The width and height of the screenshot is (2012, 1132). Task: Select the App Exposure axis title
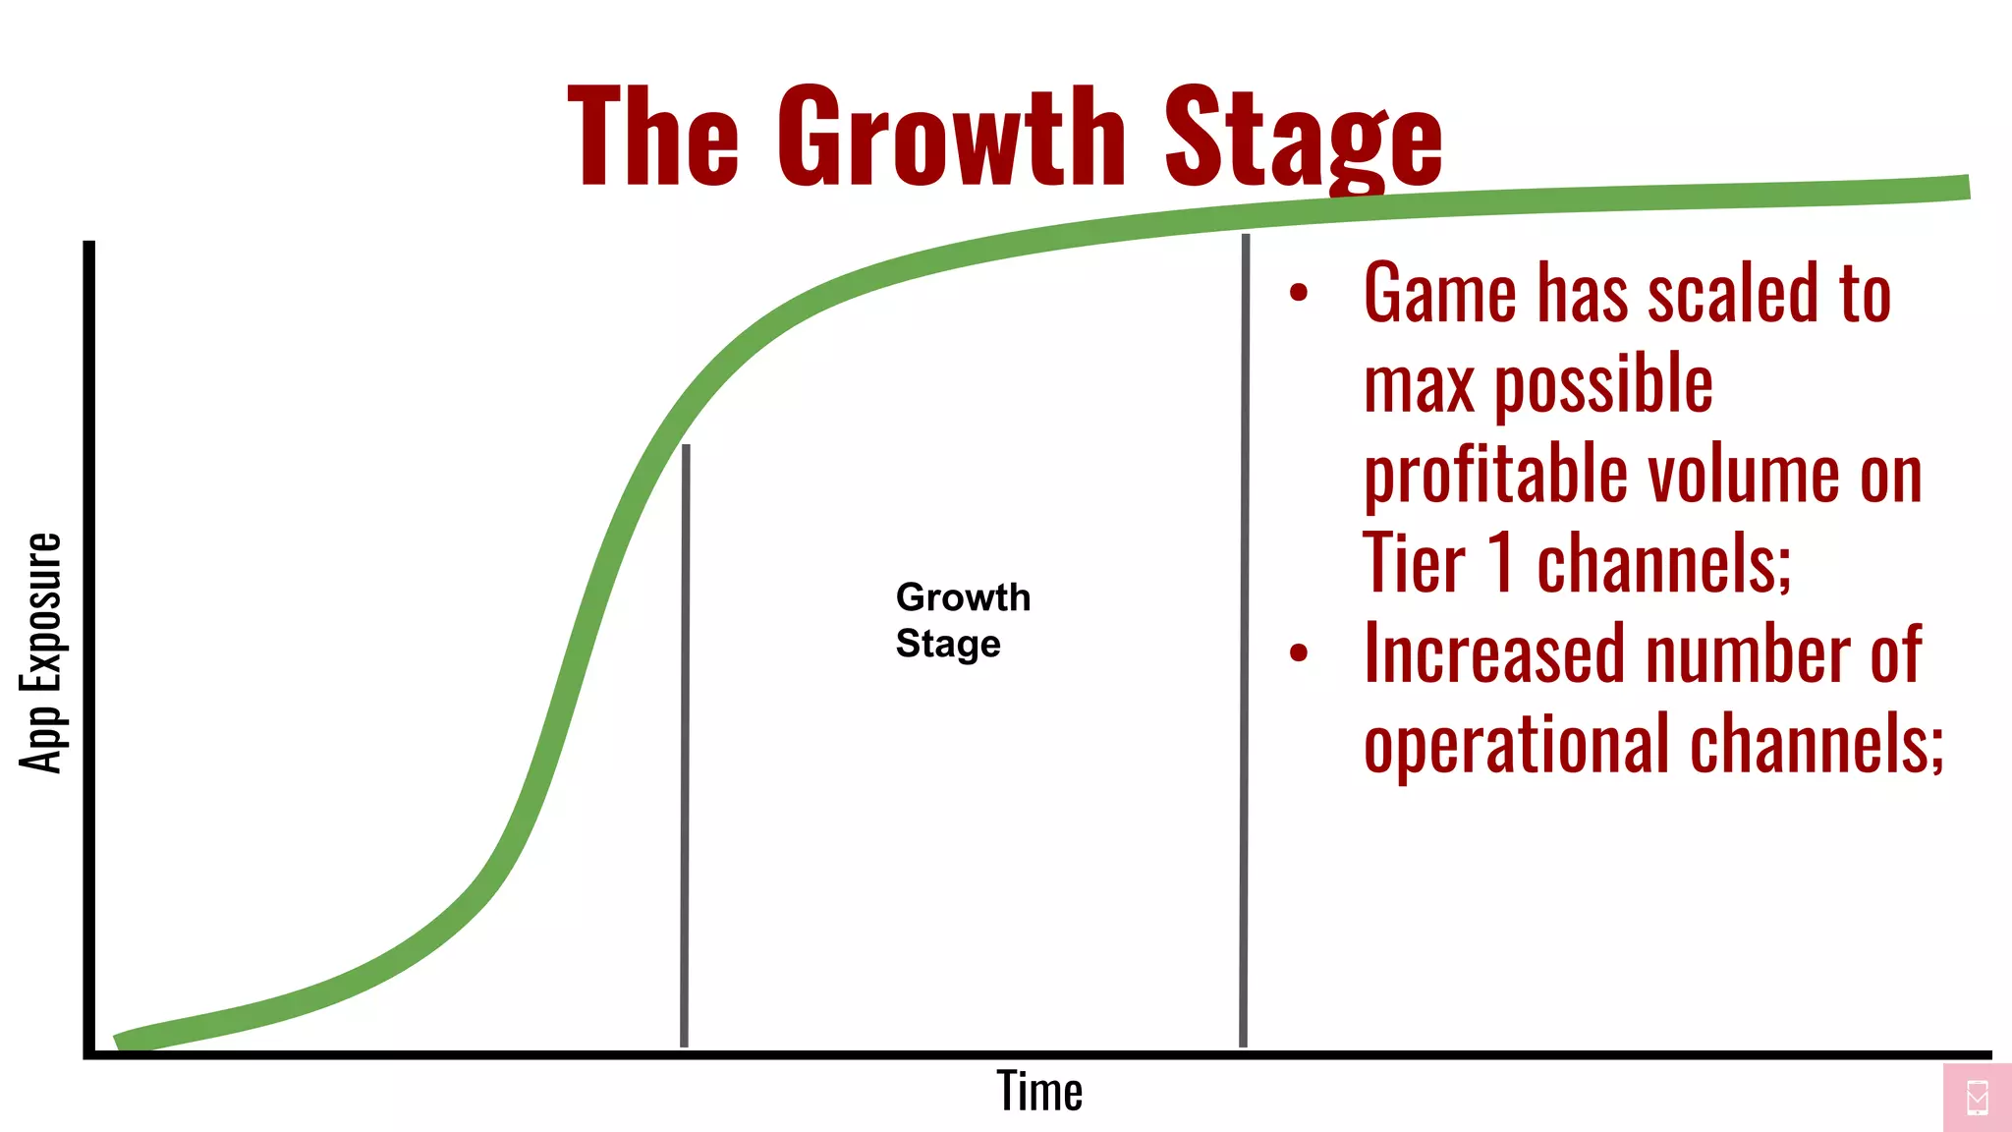(41, 653)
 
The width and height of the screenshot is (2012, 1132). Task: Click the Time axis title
(1039, 1091)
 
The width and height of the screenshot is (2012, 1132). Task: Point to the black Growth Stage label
(961, 620)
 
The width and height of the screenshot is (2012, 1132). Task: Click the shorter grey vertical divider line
(685, 747)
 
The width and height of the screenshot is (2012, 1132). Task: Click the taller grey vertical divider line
(1245, 639)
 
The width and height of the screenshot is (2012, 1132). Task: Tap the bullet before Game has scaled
(1299, 292)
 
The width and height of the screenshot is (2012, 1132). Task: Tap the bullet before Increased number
(1299, 652)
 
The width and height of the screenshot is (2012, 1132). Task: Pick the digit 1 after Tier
(1501, 563)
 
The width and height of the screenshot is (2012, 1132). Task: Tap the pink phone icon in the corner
(1978, 1097)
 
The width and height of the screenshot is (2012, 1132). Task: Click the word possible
(1603, 386)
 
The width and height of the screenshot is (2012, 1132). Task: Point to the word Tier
(1413, 563)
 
